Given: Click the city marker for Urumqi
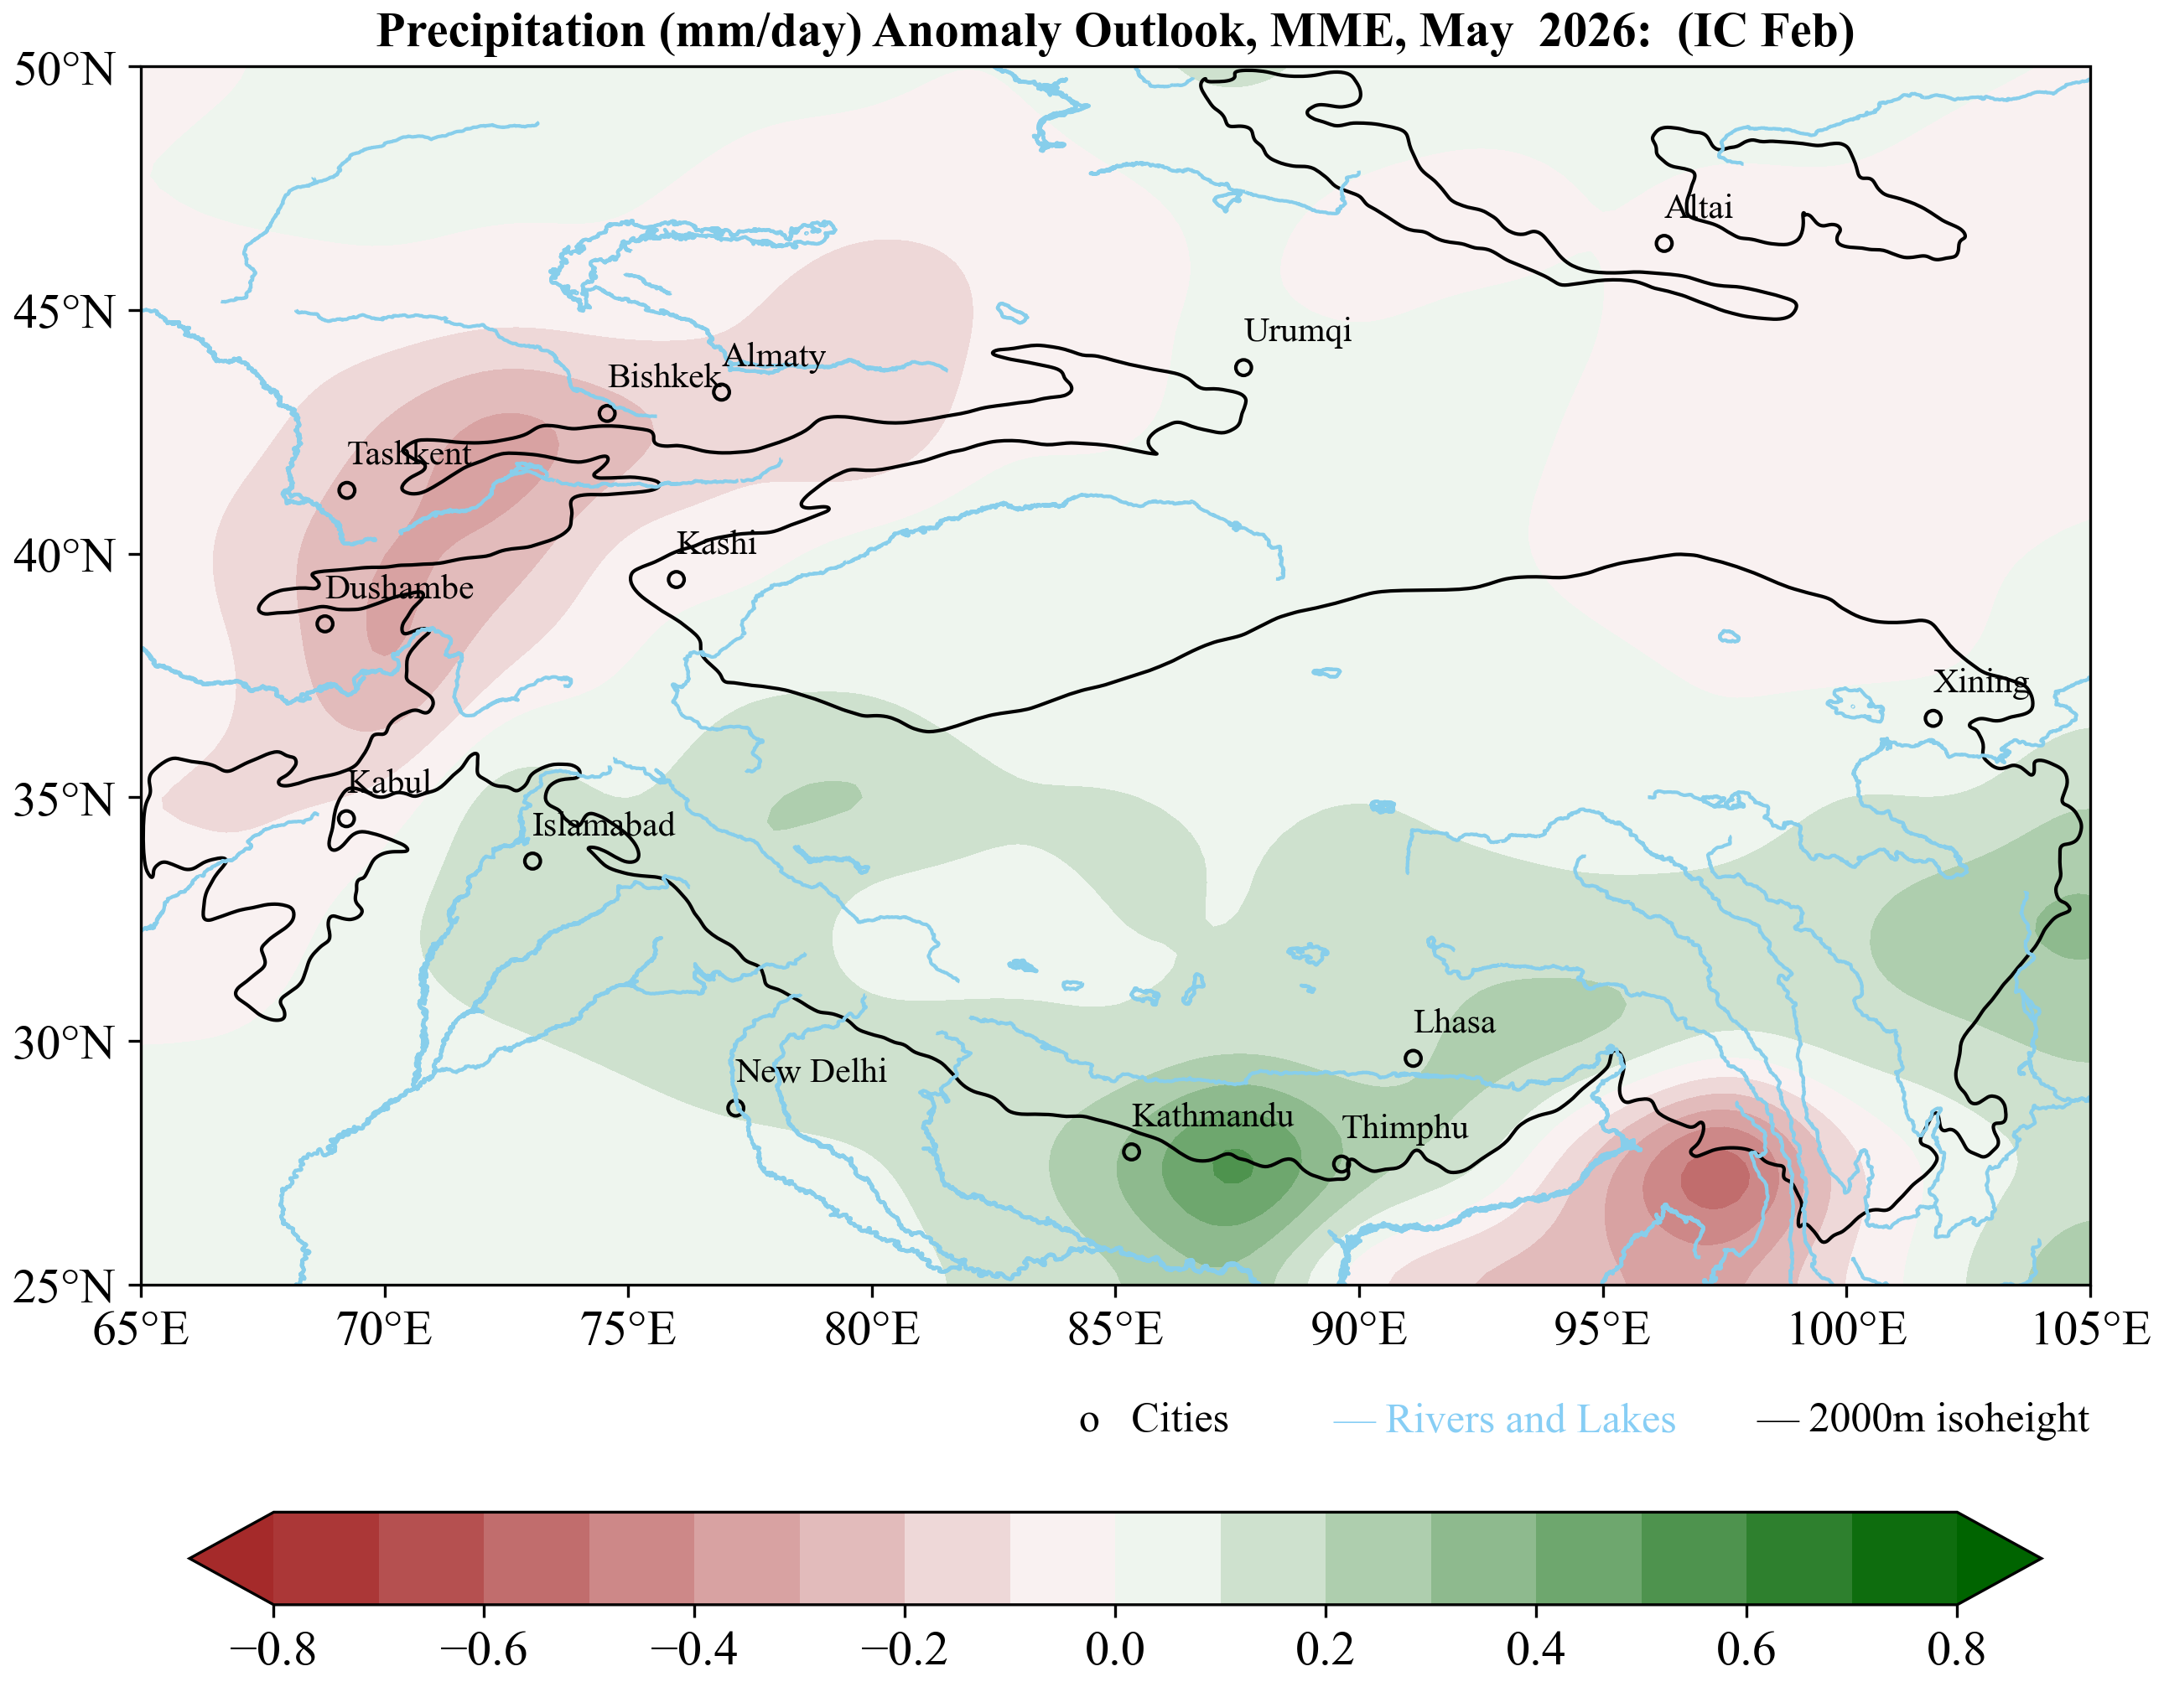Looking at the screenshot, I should (1243, 368).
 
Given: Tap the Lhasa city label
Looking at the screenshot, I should (1454, 1022).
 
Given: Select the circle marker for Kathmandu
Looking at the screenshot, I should (1132, 1151).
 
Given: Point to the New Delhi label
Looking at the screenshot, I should (811, 1071).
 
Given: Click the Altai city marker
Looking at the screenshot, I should (1663, 244).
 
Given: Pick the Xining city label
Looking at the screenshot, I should (1980, 681).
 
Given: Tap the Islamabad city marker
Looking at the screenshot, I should (532, 861).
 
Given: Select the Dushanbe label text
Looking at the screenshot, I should (399, 587).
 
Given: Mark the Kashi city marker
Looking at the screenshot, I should (676, 579).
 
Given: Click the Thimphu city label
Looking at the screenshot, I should (1405, 1127).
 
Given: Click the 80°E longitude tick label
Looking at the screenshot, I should (872, 1329).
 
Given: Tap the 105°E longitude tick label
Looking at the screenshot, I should (2091, 1329).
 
